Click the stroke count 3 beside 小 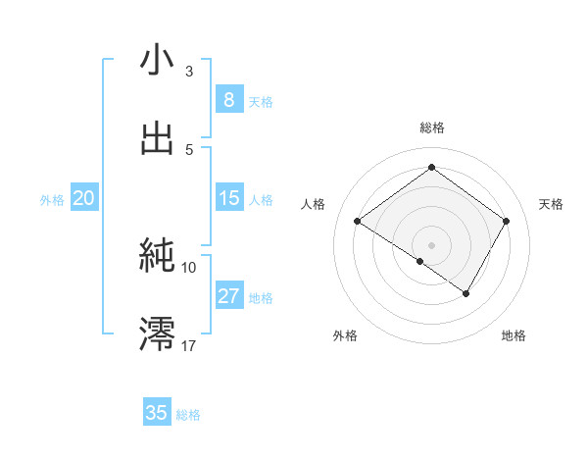(x=188, y=72)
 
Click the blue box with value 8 (x=228, y=99)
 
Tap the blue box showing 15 (x=228, y=198)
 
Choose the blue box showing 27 (x=228, y=296)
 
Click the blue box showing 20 (x=83, y=198)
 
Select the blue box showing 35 (x=157, y=413)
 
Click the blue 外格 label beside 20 (x=52, y=200)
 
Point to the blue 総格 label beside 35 (x=188, y=415)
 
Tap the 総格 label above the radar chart (x=431, y=128)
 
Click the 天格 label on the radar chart (x=551, y=204)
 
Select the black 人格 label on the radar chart (x=313, y=204)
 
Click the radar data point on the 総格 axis (x=431, y=167)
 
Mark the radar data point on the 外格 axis (x=420, y=261)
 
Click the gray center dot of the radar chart (x=431, y=244)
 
